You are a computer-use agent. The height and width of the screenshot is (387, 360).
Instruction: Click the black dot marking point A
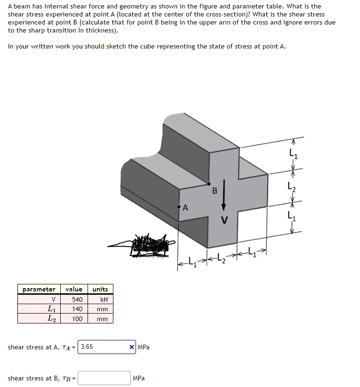coord(179,206)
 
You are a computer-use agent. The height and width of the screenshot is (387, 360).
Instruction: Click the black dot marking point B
coord(208,184)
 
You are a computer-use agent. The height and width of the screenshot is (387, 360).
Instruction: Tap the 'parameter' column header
coord(39,289)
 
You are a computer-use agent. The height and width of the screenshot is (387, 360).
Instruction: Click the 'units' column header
coord(100,289)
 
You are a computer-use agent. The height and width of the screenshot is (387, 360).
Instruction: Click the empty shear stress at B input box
coord(104,378)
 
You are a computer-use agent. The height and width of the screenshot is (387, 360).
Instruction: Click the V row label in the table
coord(53,299)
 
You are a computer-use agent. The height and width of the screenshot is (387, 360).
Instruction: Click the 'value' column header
coord(74,289)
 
